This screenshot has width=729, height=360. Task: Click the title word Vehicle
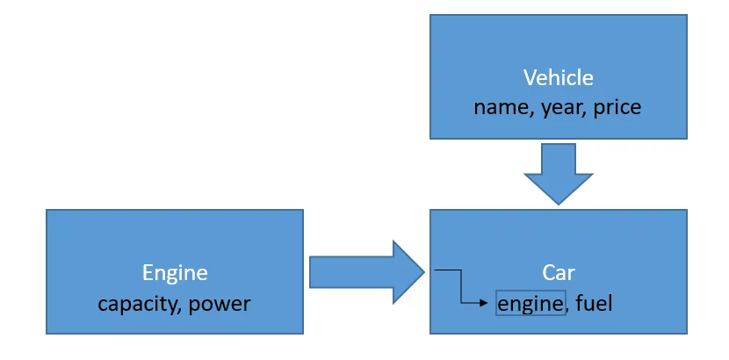click(x=558, y=77)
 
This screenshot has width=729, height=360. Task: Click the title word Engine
click(x=175, y=273)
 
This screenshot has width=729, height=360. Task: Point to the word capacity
click(x=134, y=304)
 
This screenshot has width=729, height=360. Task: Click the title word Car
click(x=558, y=273)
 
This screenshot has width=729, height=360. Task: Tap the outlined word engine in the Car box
click(x=531, y=304)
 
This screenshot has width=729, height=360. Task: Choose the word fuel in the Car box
click(x=595, y=304)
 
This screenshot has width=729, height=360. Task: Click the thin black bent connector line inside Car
click(x=461, y=286)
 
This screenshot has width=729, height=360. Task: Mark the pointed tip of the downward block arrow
click(x=558, y=204)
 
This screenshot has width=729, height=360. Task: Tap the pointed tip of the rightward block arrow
click(x=423, y=271)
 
